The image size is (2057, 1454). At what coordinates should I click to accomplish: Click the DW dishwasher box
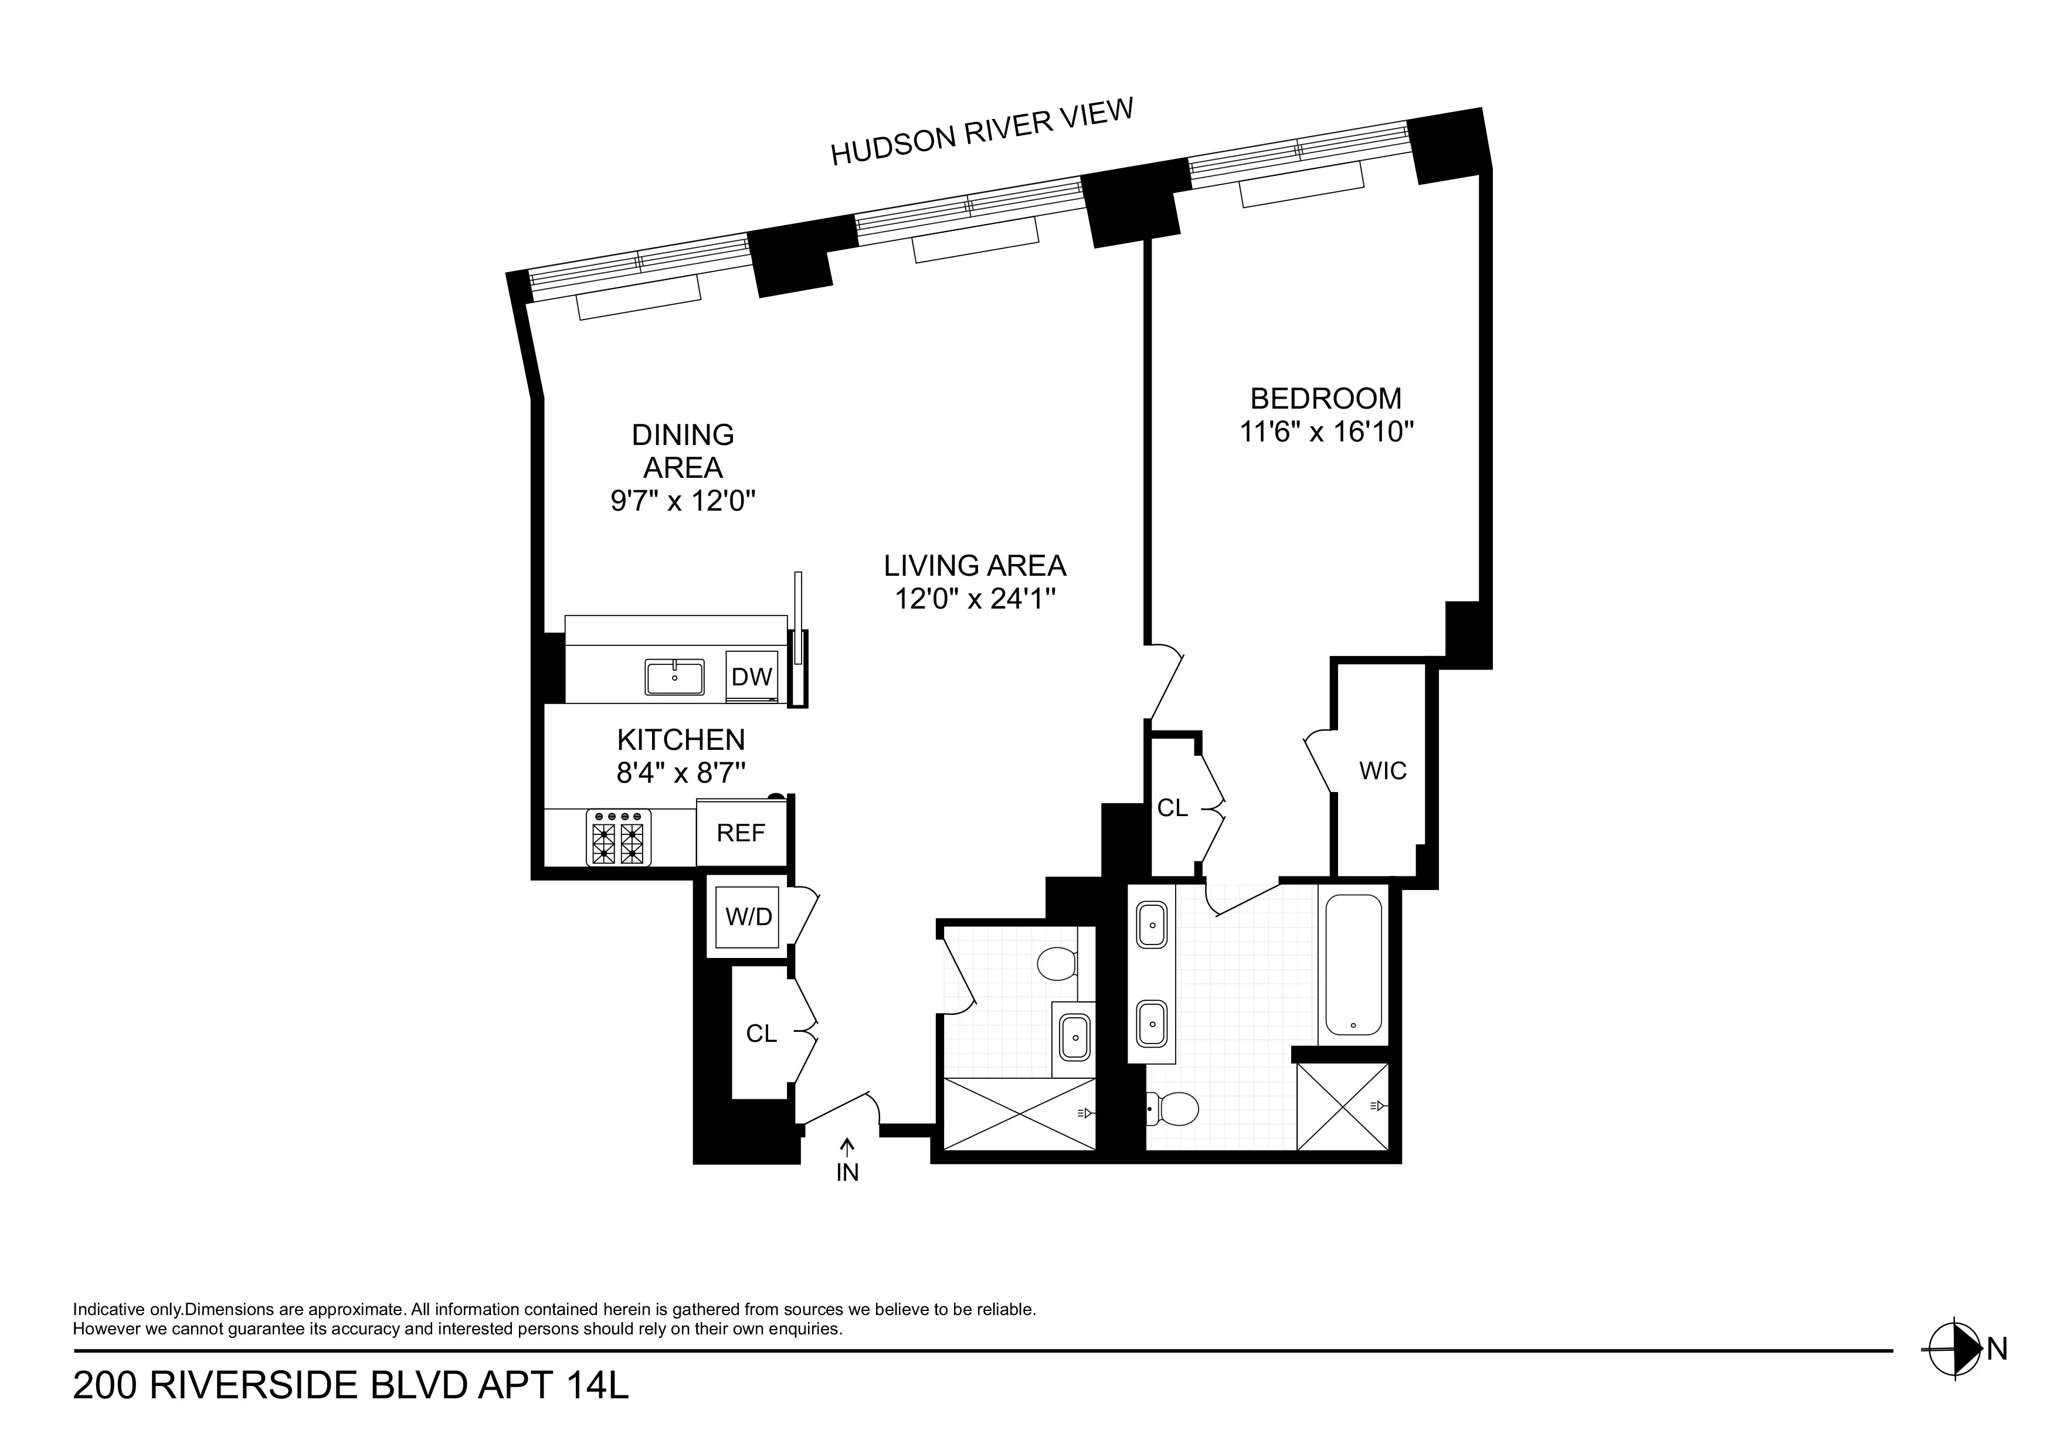click(751, 677)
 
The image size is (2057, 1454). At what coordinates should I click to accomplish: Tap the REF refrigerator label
click(741, 833)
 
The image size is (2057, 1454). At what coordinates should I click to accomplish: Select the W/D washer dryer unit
click(748, 916)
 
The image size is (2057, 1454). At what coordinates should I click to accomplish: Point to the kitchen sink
click(674, 677)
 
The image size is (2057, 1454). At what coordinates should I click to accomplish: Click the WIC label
click(1383, 770)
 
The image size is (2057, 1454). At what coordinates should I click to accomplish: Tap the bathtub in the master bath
click(1353, 965)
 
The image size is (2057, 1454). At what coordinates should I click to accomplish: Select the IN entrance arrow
click(847, 1160)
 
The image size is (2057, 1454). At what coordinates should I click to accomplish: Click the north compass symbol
click(1954, 1373)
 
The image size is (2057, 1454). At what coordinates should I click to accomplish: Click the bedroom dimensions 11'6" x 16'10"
click(1326, 432)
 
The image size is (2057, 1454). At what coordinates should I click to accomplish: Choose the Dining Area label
click(683, 451)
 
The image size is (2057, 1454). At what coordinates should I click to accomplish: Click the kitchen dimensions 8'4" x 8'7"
click(681, 772)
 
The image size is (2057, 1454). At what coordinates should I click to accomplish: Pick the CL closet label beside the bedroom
click(1172, 808)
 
